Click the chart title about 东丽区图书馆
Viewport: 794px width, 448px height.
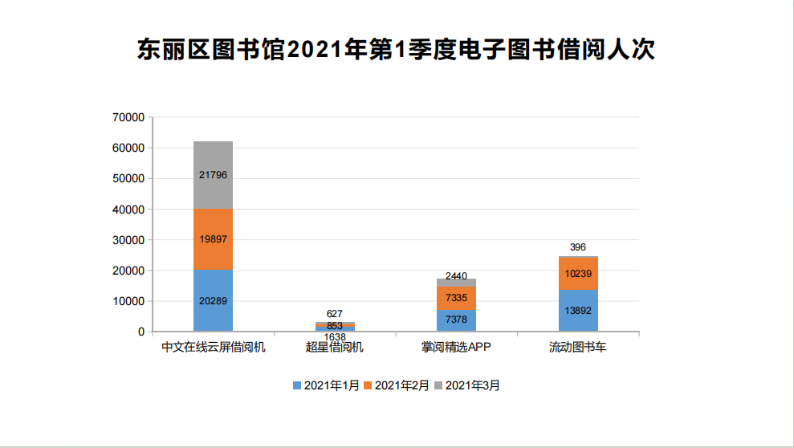coord(397,51)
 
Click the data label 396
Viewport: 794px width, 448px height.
coord(578,246)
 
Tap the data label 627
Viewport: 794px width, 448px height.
coord(335,313)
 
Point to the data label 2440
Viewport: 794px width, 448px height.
coord(456,276)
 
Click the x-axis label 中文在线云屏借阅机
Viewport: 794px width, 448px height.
coord(213,348)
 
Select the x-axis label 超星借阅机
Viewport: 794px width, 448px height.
coord(335,348)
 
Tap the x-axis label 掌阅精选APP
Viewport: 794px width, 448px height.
coord(456,348)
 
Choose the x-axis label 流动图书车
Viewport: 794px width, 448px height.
coord(578,348)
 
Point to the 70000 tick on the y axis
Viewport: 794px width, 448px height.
coord(128,117)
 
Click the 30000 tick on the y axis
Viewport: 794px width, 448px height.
coord(128,240)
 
